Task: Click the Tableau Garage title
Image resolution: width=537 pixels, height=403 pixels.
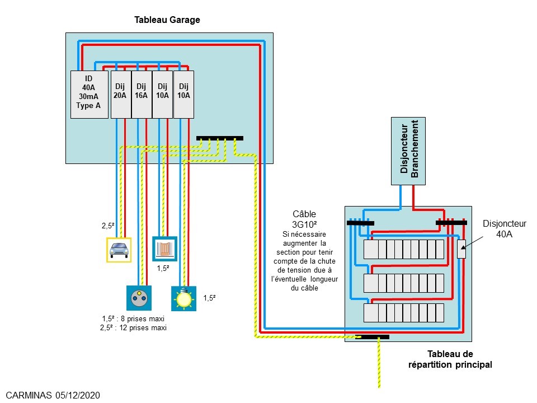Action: [x=167, y=20]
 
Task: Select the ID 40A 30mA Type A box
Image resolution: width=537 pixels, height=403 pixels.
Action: [x=89, y=94]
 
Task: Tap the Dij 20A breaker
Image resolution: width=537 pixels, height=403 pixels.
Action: [x=120, y=94]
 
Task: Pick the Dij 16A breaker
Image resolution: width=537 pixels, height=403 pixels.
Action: [x=141, y=94]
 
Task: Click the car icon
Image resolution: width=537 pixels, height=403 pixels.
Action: [x=119, y=249]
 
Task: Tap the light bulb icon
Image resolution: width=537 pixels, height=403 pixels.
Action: [x=183, y=298]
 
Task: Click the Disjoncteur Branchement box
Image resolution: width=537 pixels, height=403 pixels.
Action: [x=408, y=151]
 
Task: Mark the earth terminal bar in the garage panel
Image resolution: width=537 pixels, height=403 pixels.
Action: [x=220, y=138]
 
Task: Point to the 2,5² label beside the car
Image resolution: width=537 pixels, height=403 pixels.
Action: [x=108, y=226]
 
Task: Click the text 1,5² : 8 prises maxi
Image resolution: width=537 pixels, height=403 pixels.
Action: [x=133, y=318]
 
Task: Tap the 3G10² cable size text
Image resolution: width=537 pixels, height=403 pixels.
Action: [x=304, y=223]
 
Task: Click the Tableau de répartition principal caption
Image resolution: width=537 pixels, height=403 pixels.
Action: [x=450, y=359]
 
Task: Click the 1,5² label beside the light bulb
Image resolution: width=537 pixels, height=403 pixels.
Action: [x=210, y=298]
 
